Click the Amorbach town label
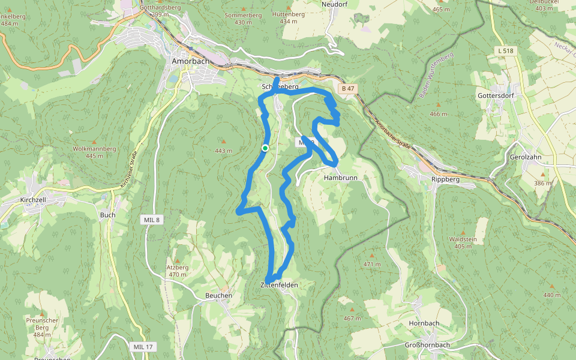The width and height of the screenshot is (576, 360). tap(191, 61)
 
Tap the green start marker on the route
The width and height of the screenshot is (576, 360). tap(265, 148)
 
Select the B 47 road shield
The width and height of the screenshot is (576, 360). tap(347, 89)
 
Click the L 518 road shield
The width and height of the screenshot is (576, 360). tap(505, 51)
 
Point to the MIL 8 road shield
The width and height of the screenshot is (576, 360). tap(152, 220)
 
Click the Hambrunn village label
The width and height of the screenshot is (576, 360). tap(340, 178)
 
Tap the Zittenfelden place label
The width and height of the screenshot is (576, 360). tap(280, 284)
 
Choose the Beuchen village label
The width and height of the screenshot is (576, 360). tap(218, 295)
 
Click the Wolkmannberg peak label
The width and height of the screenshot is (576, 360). tap(94, 148)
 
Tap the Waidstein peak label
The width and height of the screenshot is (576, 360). tap(463, 239)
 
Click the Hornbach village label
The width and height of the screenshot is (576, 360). tap(424, 323)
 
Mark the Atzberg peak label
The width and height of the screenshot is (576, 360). tap(178, 268)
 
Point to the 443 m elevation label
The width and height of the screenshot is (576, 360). tap(223, 151)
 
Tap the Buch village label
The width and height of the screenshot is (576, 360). tap(108, 215)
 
